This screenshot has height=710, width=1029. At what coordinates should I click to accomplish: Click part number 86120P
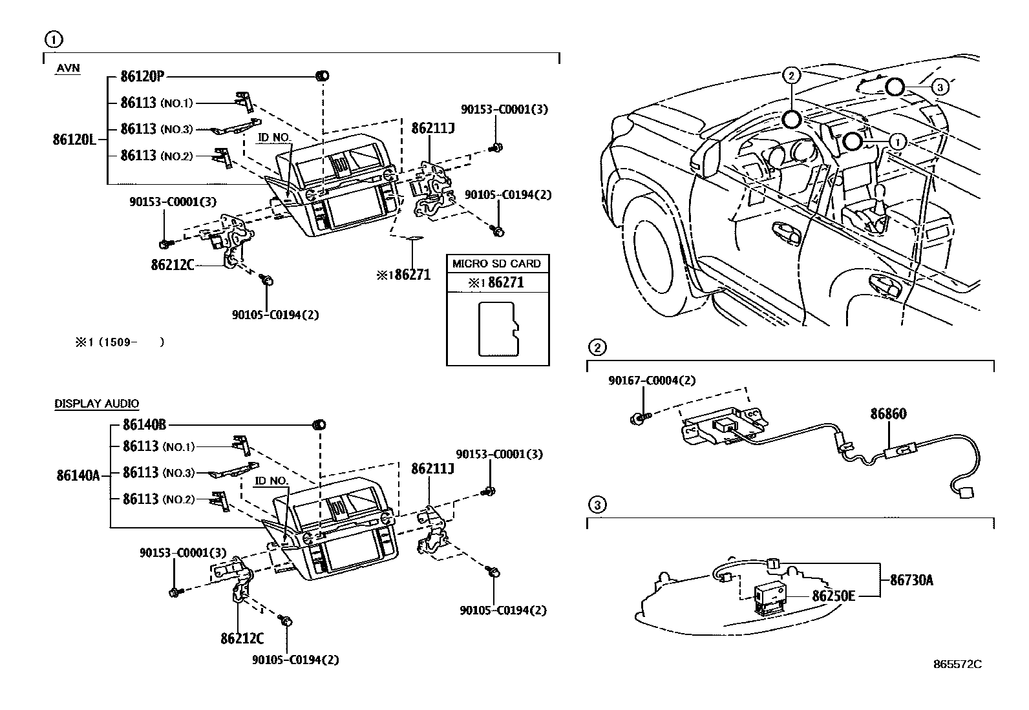coord(142,76)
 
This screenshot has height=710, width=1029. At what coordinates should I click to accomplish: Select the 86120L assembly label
coord(74,139)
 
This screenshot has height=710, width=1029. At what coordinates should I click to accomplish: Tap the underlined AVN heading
coord(68,68)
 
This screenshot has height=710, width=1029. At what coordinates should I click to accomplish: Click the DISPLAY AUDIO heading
coord(96,403)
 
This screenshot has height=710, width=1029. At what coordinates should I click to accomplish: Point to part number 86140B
coord(144,424)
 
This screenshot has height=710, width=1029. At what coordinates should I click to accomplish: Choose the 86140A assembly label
coord(78,475)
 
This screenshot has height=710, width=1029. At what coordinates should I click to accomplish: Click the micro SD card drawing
coord(499,329)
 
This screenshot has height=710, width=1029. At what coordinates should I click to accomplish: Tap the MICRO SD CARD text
coord(496,264)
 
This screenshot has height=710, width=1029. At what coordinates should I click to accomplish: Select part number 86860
coord(889,413)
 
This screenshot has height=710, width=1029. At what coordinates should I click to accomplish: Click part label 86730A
coord(911,580)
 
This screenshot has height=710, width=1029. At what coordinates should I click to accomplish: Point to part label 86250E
coord(833,596)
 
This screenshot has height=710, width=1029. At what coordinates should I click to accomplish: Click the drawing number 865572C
coord(957,664)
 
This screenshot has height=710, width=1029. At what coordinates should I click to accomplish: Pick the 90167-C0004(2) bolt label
coord(652,381)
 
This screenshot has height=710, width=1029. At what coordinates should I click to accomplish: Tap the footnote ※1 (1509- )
coord(120,342)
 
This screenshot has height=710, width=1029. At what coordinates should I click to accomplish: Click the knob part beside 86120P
coord(323,76)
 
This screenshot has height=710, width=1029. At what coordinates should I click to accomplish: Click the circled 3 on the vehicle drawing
coord(940,87)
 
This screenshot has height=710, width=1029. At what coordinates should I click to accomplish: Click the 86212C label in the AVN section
coord(173,265)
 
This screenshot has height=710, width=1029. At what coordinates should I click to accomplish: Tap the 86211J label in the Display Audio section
coord(432,468)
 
